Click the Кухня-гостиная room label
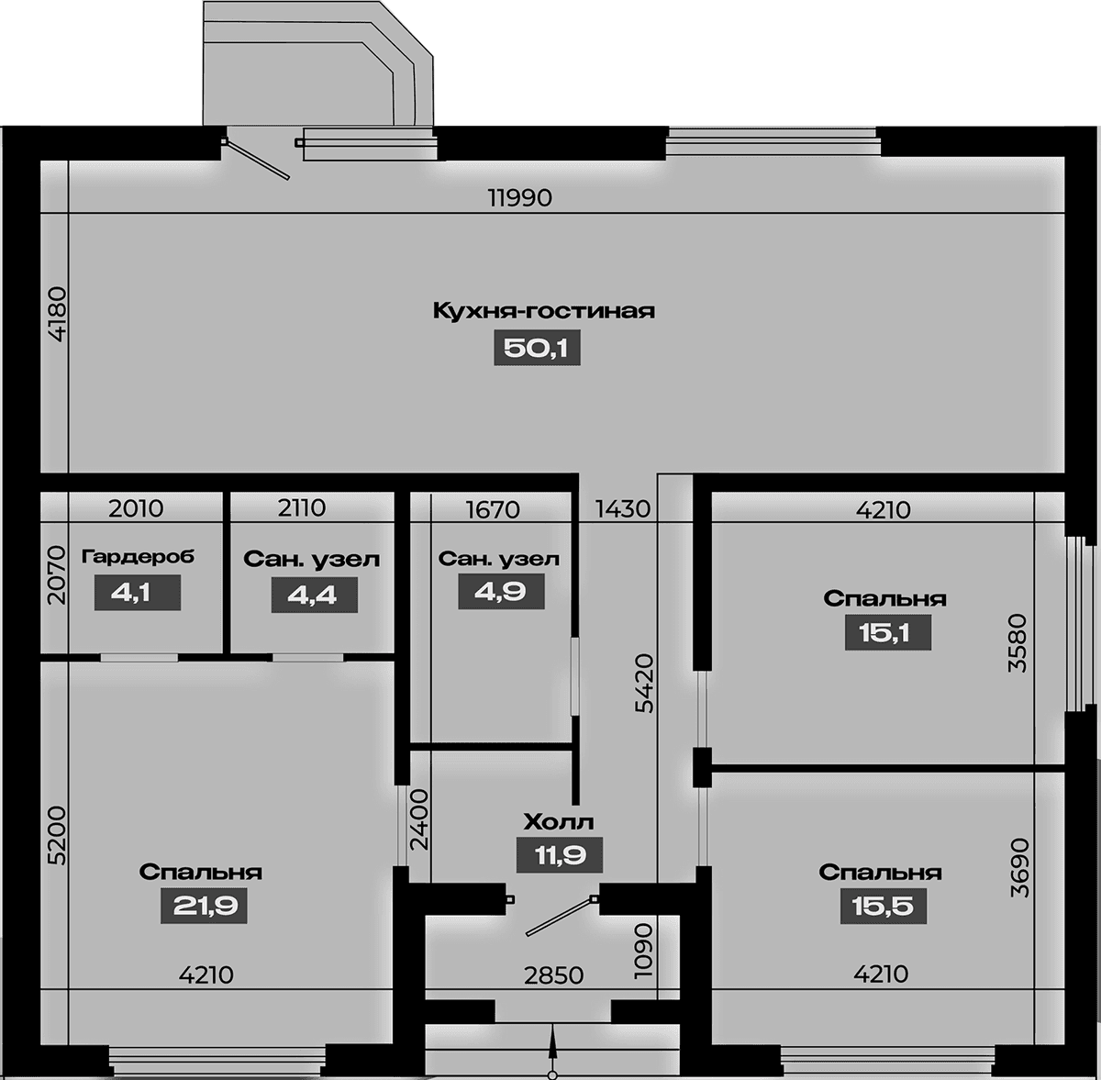543,311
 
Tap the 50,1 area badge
537,348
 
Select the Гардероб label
138,557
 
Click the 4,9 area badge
501,592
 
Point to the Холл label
559,822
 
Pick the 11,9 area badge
560,855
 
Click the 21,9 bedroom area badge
204,906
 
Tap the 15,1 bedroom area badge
888,632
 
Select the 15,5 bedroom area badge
884,906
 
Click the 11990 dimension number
520,198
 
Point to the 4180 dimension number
59,315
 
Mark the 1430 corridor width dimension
623,509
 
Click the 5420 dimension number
644,684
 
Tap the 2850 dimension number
553,975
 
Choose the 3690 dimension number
1019,869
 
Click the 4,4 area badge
315,595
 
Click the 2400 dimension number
419,819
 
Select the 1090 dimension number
643,951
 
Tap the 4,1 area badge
138,593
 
